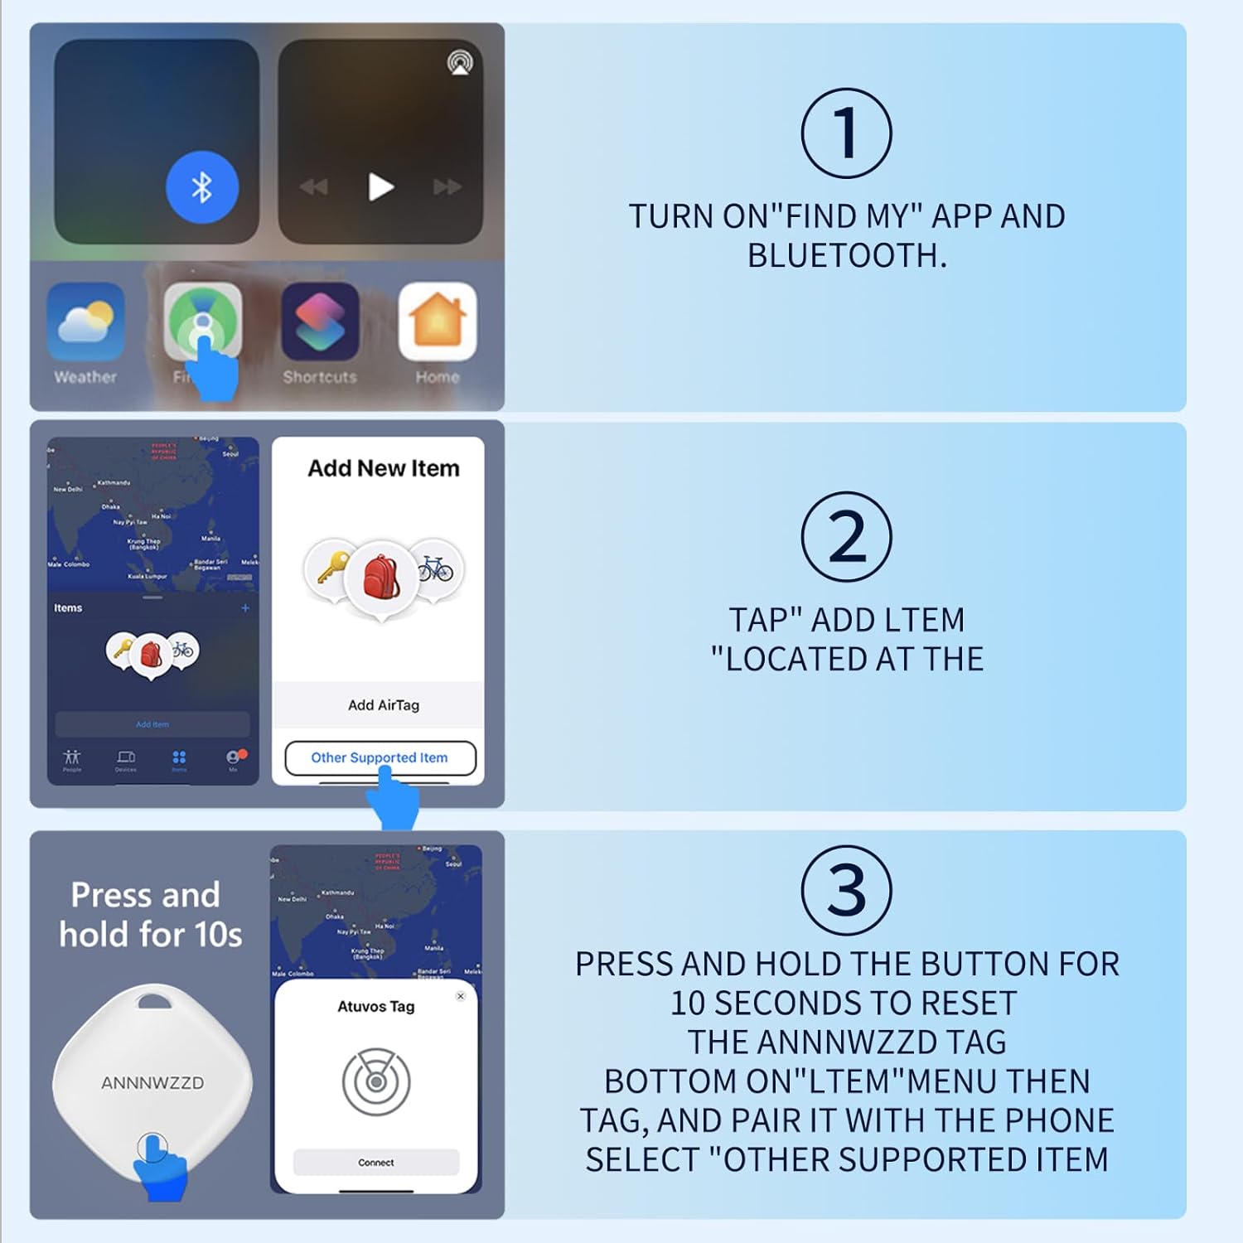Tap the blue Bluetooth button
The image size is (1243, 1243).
(202, 187)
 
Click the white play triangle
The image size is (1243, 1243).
(380, 187)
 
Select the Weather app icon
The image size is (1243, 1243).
(85, 322)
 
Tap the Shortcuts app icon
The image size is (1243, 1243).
(320, 322)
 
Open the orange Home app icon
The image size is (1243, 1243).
(438, 322)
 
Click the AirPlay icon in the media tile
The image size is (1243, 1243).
(460, 63)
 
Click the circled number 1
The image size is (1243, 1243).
(846, 133)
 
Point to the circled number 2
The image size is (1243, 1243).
(846, 537)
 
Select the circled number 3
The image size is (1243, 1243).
(846, 891)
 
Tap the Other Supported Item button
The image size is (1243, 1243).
(380, 757)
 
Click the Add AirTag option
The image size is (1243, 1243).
(383, 705)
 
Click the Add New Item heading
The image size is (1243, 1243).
(383, 468)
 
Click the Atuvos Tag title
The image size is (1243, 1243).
(376, 1006)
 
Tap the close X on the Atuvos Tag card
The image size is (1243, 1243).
(461, 996)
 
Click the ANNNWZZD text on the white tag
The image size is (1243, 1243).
(152, 1083)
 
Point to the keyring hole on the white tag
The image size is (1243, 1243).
(152, 1003)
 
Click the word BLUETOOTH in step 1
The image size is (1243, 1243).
(845, 256)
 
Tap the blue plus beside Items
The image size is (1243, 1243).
(245, 608)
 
